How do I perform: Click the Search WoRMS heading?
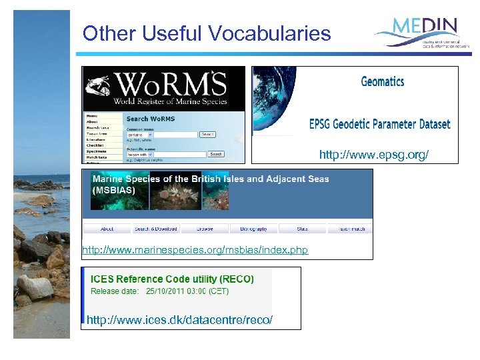pyautogui.click(x=151, y=119)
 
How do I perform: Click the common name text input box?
pyautogui.click(x=162, y=134)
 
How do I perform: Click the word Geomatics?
pyautogui.click(x=383, y=82)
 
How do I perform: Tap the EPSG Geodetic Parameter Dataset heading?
pyautogui.click(x=379, y=124)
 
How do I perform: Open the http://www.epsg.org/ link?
pyautogui.click(x=374, y=155)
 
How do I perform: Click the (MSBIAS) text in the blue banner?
pyautogui.click(x=114, y=190)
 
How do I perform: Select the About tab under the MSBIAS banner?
pyautogui.click(x=107, y=229)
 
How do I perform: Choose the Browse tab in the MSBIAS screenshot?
pyautogui.click(x=205, y=229)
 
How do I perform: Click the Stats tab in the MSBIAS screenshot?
pyautogui.click(x=303, y=229)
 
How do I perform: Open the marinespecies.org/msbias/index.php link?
pyautogui.click(x=195, y=250)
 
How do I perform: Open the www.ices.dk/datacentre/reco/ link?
pyautogui.click(x=180, y=321)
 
